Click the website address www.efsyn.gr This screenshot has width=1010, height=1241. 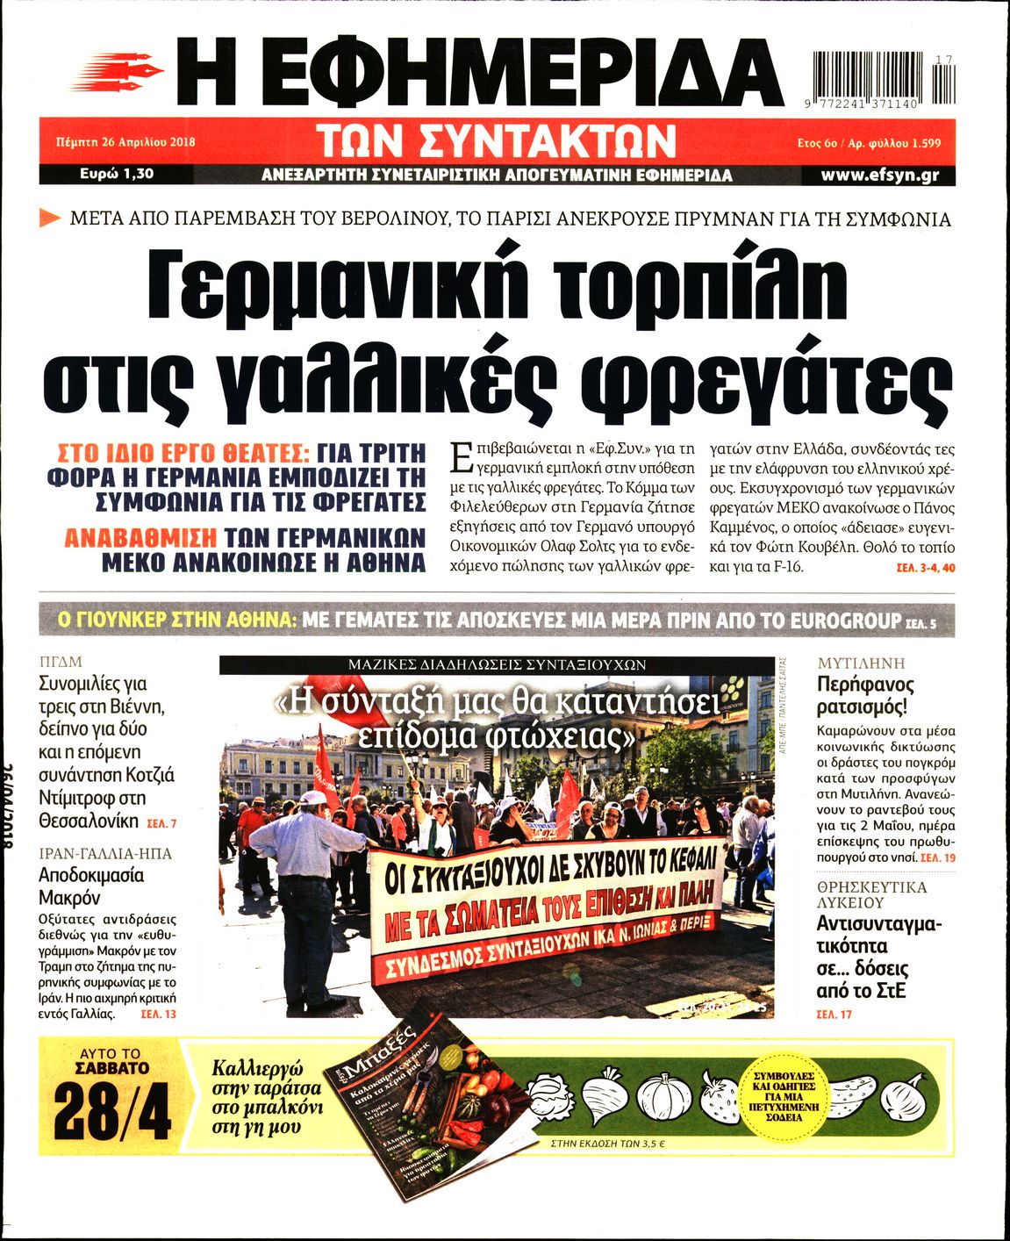point(879,175)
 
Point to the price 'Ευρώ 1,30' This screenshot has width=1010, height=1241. point(116,174)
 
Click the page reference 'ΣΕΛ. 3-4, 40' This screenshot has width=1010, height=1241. point(925,569)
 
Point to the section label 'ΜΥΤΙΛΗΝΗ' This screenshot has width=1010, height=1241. point(861,664)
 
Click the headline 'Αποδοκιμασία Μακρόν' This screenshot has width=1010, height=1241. point(90,886)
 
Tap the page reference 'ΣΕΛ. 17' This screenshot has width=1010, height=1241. point(834,1015)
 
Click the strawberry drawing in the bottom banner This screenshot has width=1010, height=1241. point(719,1098)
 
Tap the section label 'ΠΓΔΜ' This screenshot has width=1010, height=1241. point(61,663)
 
